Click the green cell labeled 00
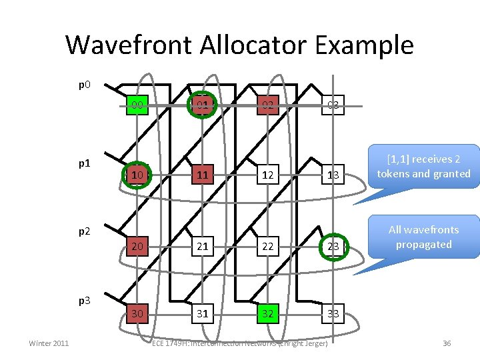point(137,105)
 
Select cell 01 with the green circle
point(202,105)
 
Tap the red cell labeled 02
point(267,105)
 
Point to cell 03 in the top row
point(333,105)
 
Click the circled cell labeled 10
point(137,175)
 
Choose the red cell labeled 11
point(202,175)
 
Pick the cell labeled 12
point(267,175)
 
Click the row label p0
point(85,85)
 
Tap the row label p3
point(85,300)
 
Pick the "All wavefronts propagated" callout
point(423,237)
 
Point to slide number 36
point(447,343)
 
